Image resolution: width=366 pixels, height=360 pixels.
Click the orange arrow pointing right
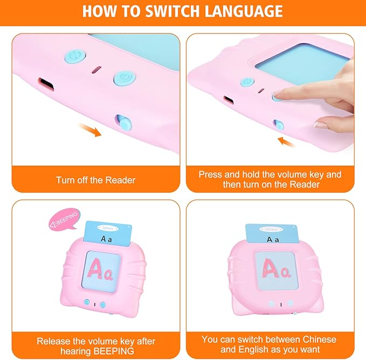click(89, 130)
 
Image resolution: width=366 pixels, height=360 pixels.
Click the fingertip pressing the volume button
click(280, 95)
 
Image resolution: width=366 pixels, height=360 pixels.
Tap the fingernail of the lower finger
click(321, 124)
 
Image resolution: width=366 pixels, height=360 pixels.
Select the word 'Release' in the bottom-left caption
click(52, 341)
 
